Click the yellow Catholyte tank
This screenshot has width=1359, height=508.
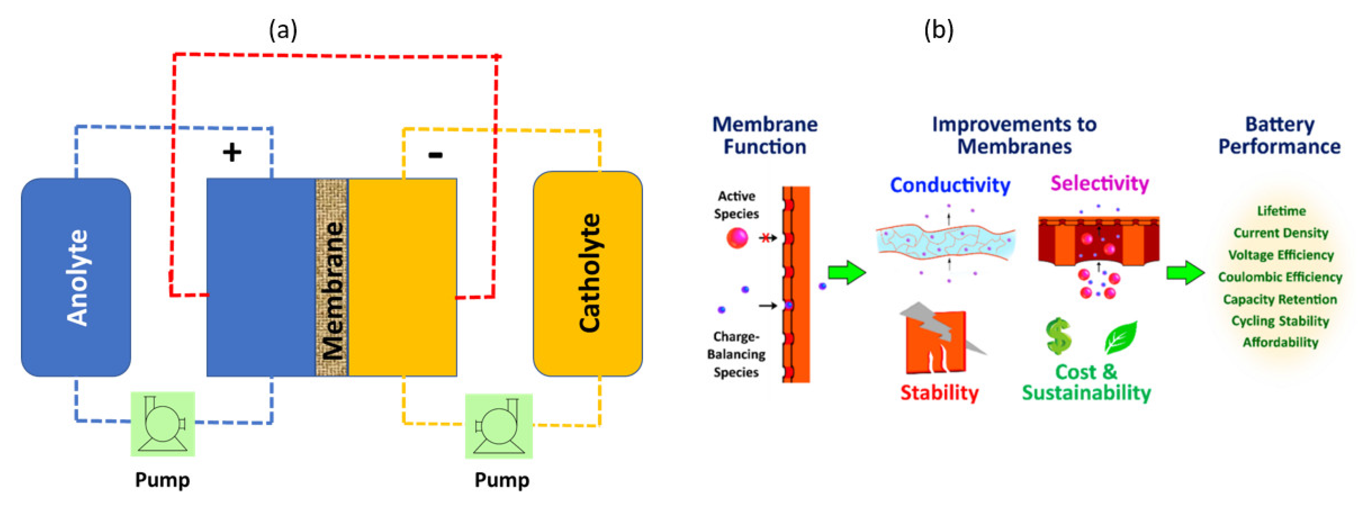click(x=588, y=273)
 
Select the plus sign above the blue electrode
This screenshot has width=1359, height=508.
click(x=232, y=153)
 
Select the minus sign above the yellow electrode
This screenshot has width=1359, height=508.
click(x=435, y=155)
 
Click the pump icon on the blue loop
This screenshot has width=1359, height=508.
click(x=163, y=424)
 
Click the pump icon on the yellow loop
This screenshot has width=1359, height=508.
click(x=498, y=426)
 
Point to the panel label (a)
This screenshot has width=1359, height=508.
click(x=283, y=30)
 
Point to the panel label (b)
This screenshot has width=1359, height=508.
click(x=939, y=30)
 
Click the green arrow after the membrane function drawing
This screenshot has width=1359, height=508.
click(x=847, y=272)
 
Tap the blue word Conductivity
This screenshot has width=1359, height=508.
click(x=950, y=185)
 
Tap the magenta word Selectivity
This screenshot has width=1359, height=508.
click(x=1099, y=183)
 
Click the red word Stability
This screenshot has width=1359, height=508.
click(x=939, y=393)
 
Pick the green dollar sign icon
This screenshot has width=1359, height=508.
click(x=1058, y=336)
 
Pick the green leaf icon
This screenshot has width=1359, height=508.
click(x=1121, y=338)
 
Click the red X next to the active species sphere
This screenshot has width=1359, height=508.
click(x=765, y=238)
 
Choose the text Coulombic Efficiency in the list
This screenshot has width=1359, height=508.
click(x=1280, y=277)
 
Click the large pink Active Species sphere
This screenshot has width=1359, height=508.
click(x=737, y=238)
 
